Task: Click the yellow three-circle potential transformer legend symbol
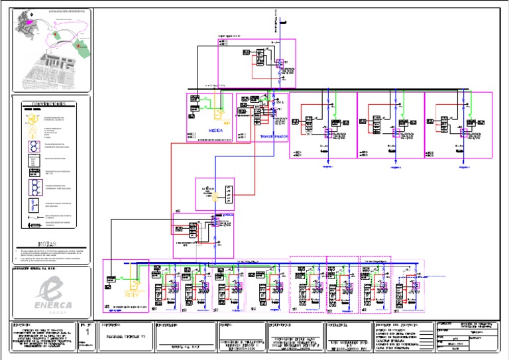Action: [31, 118]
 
